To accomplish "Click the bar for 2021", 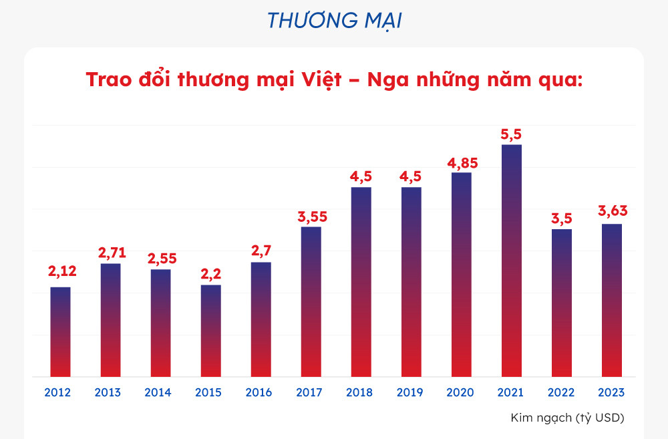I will [511, 261].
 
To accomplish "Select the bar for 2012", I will [60, 332].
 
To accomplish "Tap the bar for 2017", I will [311, 302].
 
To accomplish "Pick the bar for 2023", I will [611, 301].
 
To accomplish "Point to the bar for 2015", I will [210, 331].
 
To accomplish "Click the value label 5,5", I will [511, 134].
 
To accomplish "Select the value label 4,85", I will [461, 162].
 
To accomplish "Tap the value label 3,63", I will [612, 212].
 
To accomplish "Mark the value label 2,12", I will [61, 271].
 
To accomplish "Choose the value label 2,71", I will [112, 253].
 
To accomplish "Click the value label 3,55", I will [311, 216].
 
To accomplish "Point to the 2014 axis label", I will [158, 392].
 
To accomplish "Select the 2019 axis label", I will [409, 392].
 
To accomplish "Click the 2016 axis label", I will [259, 392].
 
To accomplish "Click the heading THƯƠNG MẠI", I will [334, 21].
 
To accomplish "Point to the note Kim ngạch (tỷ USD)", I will [566, 418].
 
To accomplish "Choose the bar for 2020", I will [461, 275].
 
